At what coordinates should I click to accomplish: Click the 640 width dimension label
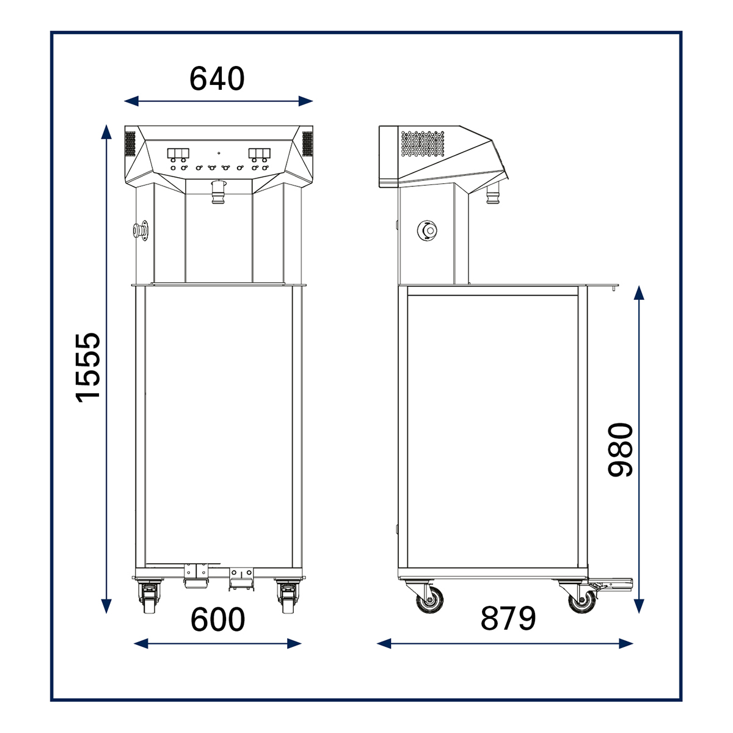(217, 79)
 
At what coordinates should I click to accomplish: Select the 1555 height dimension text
(88, 368)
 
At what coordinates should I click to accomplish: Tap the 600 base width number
(217, 619)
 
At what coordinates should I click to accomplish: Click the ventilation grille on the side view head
(422, 144)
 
